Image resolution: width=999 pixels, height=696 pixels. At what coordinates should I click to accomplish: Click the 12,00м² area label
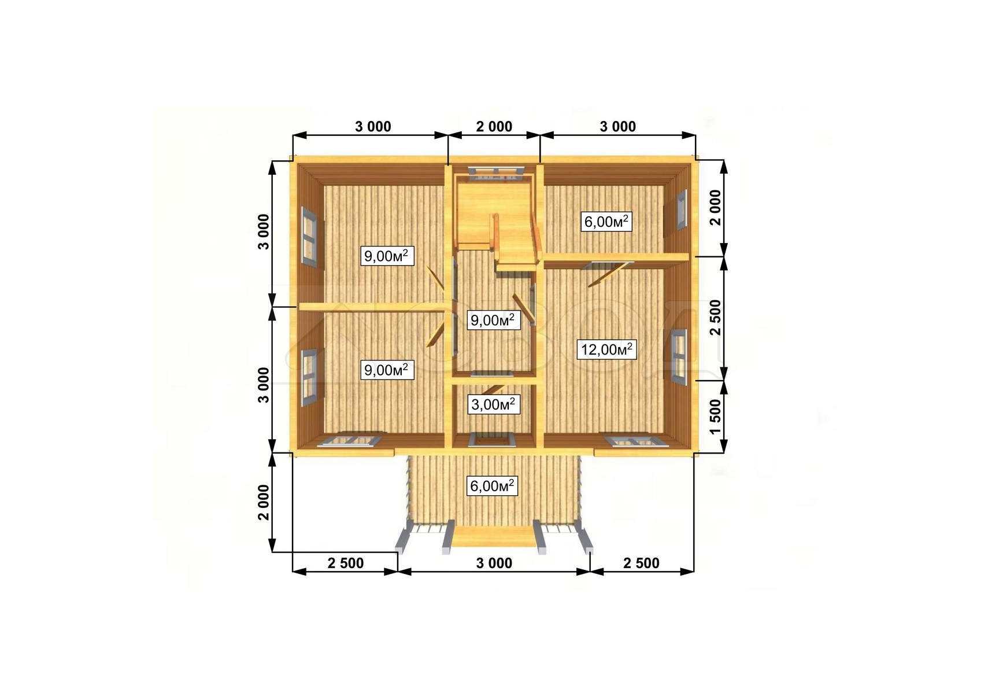pos(606,349)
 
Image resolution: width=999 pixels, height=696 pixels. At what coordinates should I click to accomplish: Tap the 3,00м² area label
pos(493,404)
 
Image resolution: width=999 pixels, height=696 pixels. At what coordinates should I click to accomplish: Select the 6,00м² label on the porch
pos(493,486)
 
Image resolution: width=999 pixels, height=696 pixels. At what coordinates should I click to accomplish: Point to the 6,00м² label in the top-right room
pos(606,222)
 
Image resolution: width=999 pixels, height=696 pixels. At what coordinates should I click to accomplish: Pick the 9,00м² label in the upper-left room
pos(387,255)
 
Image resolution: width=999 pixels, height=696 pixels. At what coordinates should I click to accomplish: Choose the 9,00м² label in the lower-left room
pos(387,370)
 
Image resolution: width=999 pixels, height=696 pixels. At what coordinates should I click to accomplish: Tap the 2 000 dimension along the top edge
pos(494,126)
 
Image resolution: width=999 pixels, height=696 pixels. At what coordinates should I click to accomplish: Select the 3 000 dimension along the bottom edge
pos(494,563)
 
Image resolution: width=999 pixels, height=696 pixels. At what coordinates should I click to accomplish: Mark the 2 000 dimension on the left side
pos(264,502)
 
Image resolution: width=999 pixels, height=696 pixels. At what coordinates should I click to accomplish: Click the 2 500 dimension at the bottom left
pos(346,563)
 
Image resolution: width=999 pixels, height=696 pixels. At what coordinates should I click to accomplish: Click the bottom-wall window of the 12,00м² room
pos(633,441)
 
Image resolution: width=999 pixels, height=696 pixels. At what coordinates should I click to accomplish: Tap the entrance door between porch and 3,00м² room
pos(493,441)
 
